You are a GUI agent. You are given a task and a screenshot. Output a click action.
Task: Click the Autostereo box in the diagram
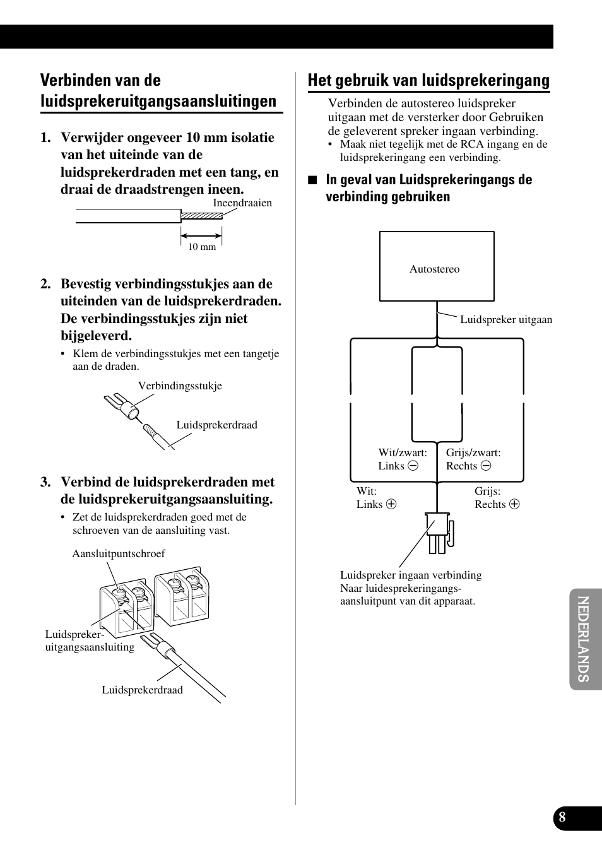click(437, 266)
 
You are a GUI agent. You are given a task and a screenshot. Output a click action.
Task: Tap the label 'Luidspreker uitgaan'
click(505, 319)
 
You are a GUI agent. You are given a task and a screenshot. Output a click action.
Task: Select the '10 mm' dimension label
click(202, 247)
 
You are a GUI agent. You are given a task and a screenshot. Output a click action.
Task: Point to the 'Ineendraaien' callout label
click(242, 203)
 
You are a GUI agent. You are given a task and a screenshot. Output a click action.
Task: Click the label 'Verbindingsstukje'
click(180, 386)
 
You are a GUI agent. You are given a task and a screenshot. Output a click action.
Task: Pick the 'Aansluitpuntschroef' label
click(119, 553)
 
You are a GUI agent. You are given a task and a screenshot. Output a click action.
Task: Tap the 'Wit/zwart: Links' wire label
click(402, 459)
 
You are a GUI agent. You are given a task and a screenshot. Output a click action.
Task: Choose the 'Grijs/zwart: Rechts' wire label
click(473, 459)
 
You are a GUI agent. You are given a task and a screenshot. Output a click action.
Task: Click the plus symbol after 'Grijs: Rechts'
click(514, 504)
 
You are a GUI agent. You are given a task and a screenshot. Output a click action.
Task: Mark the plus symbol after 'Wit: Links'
click(391, 504)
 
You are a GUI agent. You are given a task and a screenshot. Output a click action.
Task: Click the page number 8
click(562, 818)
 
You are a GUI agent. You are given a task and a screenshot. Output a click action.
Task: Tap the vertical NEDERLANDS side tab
click(584, 639)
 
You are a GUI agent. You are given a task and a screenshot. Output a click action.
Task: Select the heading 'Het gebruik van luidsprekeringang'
click(428, 80)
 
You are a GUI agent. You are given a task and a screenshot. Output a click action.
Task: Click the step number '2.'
click(45, 284)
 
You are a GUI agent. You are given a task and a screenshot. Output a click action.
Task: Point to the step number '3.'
click(45, 482)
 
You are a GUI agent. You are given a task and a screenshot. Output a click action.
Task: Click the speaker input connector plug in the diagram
click(439, 531)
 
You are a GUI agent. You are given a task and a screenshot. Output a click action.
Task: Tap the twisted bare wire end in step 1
click(201, 215)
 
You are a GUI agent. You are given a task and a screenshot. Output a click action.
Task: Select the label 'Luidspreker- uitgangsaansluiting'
click(90, 640)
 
